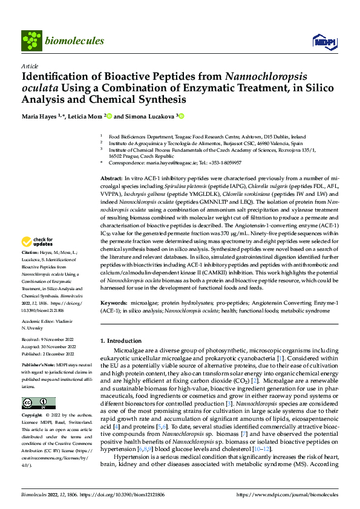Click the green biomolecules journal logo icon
tap(31, 41)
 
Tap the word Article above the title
tap(29, 66)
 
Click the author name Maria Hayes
tap(41, 116)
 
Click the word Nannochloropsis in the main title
tap(265, 77)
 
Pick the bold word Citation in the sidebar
tap(30, 268)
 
